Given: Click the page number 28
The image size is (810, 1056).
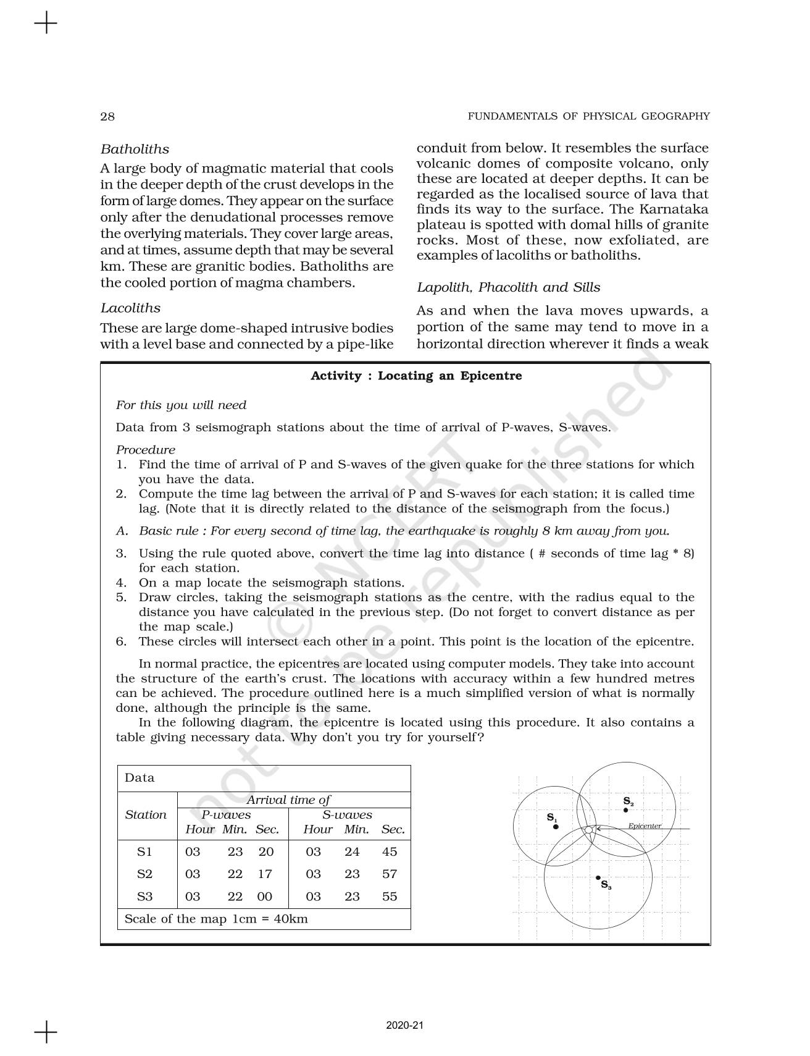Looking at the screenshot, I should click(107, 116).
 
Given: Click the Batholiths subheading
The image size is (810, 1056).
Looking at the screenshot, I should click(135, 149).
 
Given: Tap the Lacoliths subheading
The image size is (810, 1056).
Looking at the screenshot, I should click(130, 308).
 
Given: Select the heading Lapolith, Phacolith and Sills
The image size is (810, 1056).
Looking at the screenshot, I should click(508, 287).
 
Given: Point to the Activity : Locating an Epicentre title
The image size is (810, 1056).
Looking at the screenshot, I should click(416, 376).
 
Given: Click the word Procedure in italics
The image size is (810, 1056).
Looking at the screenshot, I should click(146, 450).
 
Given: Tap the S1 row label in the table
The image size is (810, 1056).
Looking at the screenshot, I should click(144, 851).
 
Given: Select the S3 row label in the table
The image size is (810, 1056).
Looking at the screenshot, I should click(144, 897).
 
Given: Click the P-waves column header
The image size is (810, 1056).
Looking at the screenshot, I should click(226, 814).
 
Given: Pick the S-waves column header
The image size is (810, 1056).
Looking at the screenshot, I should click(347, 814).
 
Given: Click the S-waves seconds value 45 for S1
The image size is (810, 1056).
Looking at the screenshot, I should click(390, 851).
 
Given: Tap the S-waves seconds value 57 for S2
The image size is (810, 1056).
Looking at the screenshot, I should click(390, 874).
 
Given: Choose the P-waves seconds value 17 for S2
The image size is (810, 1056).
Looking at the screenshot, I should click(265, 874).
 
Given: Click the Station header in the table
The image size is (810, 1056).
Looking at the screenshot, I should click(146, 814).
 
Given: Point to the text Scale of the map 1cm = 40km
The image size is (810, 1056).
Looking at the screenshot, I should click(216, 918).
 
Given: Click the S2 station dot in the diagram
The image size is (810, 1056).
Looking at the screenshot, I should click(625, 809).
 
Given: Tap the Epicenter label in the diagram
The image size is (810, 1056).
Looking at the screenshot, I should click(645, 826).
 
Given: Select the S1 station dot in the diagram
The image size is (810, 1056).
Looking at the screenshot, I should click(556, 826).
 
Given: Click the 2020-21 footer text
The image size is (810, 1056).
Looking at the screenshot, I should click(405, 1026).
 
